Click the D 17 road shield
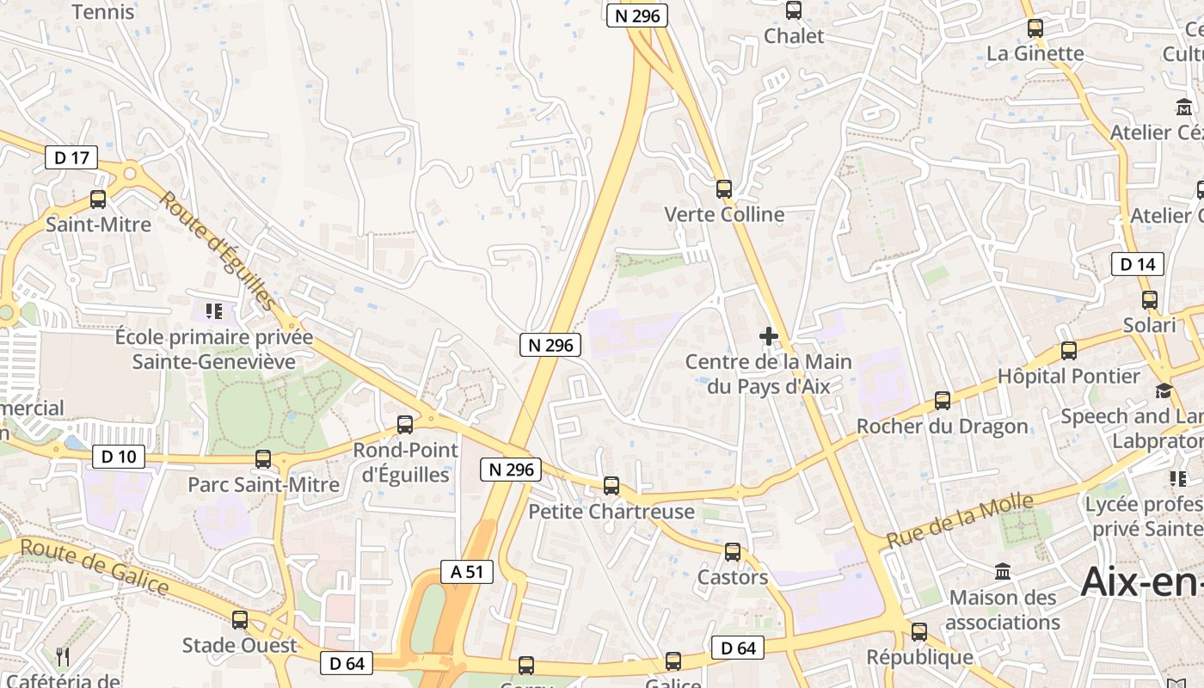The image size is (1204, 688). (x=71, y=157)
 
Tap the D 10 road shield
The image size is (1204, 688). (x=119, y=457)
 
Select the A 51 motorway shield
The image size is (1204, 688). (x=467, y=571)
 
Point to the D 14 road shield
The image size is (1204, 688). (x=1138, y=264)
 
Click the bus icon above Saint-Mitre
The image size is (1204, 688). (x=98, y=200)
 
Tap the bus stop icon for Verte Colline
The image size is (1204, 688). (x=724, y=189)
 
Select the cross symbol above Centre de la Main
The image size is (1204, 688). (x=769, y=336)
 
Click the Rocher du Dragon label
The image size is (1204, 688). (x=943, y=427)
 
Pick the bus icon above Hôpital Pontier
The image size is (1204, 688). (x=1069, y=351)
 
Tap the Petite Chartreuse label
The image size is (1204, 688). (x=611, y=512)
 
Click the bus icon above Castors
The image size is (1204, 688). (x=733, y=552)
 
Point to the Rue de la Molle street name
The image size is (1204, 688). (x=960, y=521)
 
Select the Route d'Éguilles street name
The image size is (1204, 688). (x=218, y=249)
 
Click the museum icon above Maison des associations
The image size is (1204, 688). (x=1003, y=571)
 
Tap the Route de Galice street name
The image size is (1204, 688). (x=94, y=566)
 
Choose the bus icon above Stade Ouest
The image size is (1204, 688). (x=240, y=619)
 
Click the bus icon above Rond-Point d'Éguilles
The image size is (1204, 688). (x=405, y=424)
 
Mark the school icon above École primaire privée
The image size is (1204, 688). (x=214, y=310)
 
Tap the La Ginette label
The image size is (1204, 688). (x=1035, y=53)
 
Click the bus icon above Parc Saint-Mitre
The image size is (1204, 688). (x=263, y=459)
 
